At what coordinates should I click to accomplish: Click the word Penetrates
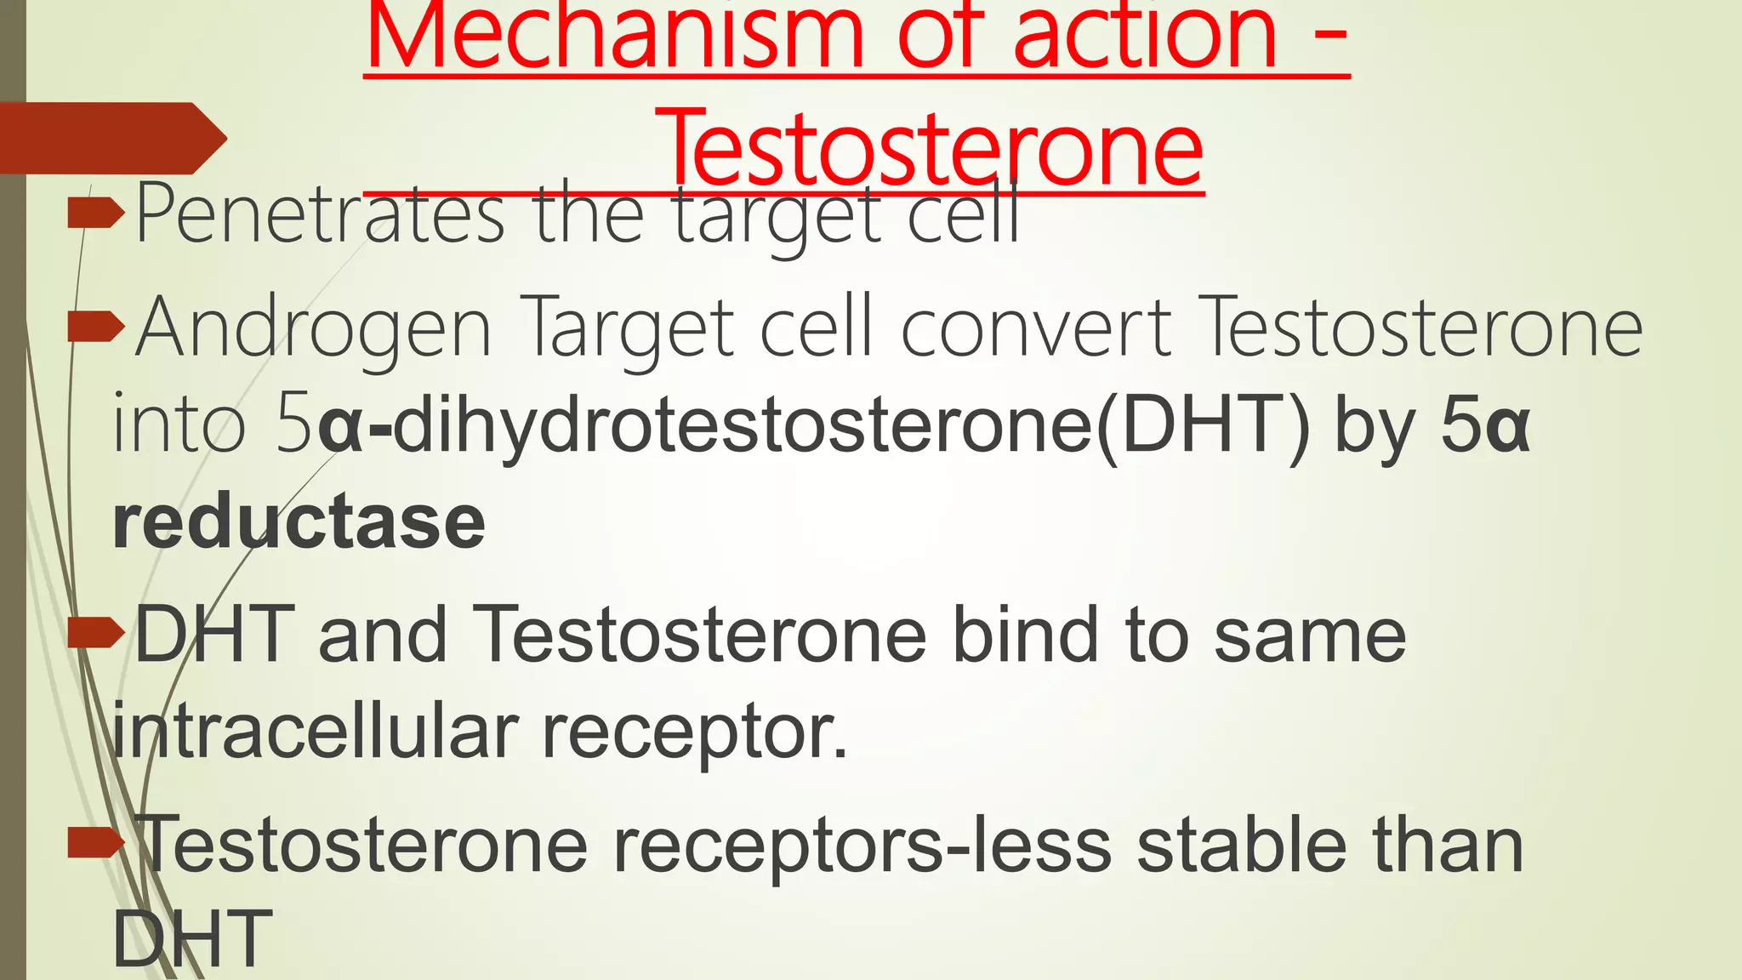(x=320, y=214)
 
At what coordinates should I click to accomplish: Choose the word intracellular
(x=315, y=730)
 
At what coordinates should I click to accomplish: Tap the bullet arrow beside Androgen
(x=95, y=327)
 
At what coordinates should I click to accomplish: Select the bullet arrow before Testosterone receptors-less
(x=95, y=842)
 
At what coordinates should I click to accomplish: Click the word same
(x=1310, y=635)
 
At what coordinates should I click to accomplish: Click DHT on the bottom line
(x=192, y=939)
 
